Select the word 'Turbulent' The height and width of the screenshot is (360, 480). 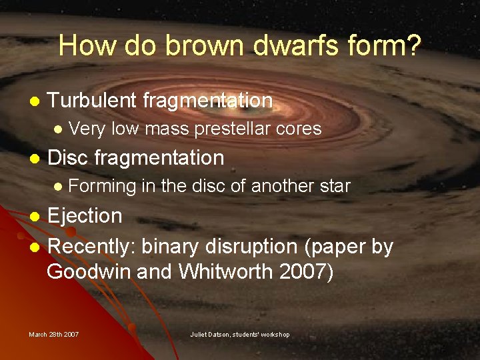click(x=93, y=101)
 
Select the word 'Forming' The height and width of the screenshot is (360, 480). click(x=102, y=187)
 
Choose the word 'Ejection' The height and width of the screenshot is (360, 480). click(x=85, y=216)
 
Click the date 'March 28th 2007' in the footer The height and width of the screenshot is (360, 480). click(x=53, y=334)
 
